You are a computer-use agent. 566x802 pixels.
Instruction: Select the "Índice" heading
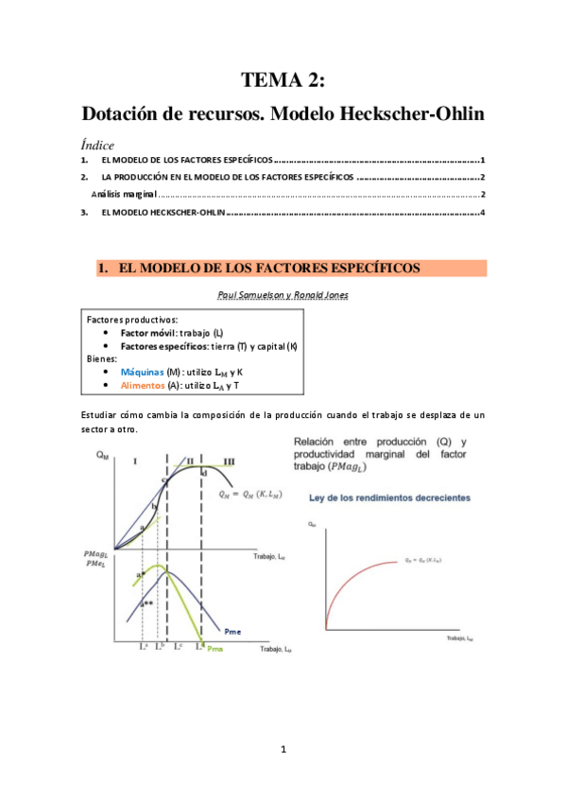point(97,146)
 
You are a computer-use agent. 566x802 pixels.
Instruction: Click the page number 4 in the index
point(482,213)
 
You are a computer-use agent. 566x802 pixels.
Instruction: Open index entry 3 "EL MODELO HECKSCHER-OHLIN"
point(163,213)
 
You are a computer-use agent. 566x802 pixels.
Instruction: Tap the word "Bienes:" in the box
point(103,359)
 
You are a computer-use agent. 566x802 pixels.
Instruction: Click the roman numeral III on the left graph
point(230,461)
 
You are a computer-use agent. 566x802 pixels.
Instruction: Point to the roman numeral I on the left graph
point(136,461)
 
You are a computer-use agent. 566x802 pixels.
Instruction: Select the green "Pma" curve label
point(216,648)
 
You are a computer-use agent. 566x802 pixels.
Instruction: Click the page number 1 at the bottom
point(283,750)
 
